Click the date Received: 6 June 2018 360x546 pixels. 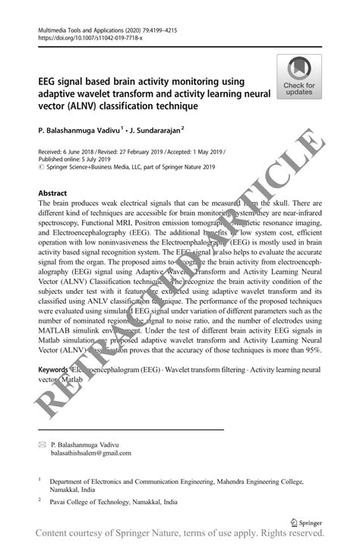coord(68,153)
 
